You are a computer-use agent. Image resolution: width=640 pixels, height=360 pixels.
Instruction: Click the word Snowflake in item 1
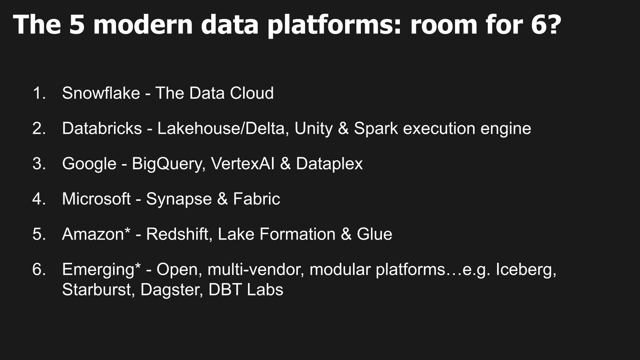[x=101, y=93]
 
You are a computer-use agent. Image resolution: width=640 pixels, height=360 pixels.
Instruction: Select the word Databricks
[x=102, y=128]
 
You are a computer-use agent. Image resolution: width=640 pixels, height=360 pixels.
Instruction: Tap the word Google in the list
[x=89, y=164]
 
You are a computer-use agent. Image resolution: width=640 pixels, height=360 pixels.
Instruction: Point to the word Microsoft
[x=96, y=199]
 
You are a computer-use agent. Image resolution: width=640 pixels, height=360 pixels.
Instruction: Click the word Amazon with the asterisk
[x=96, y=234]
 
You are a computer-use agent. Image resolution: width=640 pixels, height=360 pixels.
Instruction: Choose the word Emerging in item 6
[x=101, y=270]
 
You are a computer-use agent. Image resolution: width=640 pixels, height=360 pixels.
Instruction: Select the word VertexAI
[x=243, y=164]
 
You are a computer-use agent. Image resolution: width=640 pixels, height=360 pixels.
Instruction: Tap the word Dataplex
[x=329, y=164]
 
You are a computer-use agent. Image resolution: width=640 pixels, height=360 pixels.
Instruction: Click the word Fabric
[x=257, y=199]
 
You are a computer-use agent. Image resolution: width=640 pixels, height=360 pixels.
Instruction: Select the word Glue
[x=374, y=234]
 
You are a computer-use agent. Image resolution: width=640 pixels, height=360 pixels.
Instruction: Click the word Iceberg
[x=526, y=270]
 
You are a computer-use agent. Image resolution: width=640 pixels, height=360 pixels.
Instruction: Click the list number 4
[x=39, y=199]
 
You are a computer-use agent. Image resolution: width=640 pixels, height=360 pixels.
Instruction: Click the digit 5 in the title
[x=77, y=25]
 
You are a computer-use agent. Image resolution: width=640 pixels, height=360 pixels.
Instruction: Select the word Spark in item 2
[x=376, y=129]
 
